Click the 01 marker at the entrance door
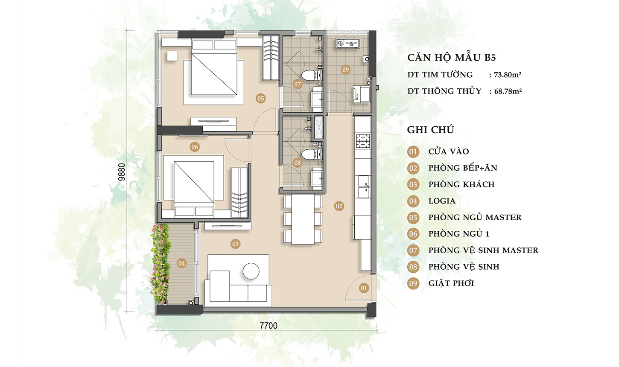tap(364, 288)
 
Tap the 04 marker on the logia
tap(181, 263)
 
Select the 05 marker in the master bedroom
tap(260, 98)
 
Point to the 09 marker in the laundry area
tap(345, 70)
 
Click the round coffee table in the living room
tap(251, 271)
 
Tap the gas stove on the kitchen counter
tap(363, 141)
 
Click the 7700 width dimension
tap(269, 326)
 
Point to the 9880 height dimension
tap(122, 172)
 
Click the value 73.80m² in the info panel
tap(508, 75)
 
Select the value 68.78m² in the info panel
tap(508, 91)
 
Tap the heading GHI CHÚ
tap(430, 130)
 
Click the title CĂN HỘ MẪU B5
tap(452, 58)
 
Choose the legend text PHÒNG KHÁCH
tap(461, 184)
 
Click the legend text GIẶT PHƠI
tap(451, 283)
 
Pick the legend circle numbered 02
tap(413, 168)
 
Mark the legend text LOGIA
tap(442, 201)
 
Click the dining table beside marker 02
tap(303, 219)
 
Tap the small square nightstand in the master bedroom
tap(172, 56)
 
